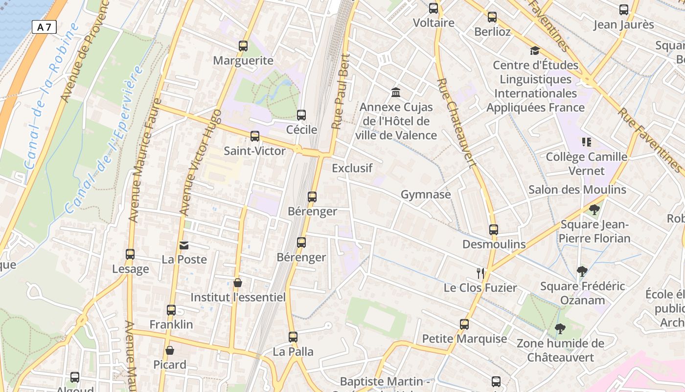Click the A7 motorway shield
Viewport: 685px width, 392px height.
(x=44, y=27)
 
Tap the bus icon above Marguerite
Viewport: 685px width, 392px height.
(x=243, y=46)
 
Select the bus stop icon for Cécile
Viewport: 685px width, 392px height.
(x=301, y=115)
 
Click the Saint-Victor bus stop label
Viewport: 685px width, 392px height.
(x=254, y=151)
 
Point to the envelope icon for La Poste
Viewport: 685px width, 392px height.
(x=184, y=245)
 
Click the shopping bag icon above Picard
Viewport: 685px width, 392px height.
(x=170, y=350)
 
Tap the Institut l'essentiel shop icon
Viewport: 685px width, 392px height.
(x=237, y=283)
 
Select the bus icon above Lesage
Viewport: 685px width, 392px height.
(x=130, y=254)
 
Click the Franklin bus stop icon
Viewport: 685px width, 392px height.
(x=171, y=310)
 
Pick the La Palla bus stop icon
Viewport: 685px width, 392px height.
(x=293, y=337)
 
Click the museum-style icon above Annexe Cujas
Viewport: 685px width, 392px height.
(x=396, y=92)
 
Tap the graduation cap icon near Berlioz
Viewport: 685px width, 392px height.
(x=535, y=50)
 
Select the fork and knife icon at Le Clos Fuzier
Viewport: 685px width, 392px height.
(x=480, y=273)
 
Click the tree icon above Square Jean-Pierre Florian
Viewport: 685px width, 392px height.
(x=594, y=210)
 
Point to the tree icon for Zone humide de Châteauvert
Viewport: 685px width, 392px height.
(x=560, y=329)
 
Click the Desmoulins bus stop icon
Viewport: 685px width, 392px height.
(x=494, y=230)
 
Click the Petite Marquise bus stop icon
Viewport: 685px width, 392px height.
(x=464, y=324)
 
